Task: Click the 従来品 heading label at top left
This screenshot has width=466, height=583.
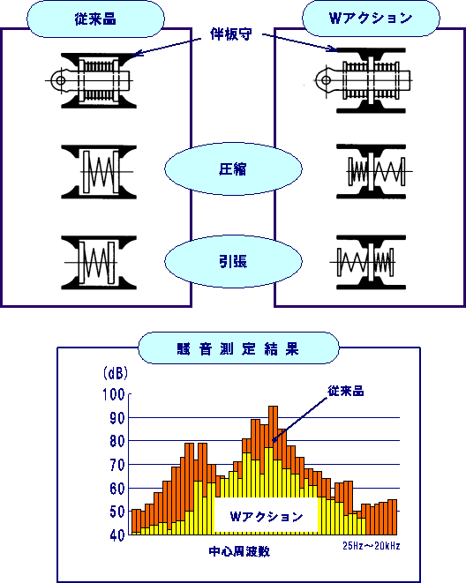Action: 95,19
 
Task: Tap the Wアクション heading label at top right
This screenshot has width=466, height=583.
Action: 371,18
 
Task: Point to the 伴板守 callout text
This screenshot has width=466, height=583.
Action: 231,34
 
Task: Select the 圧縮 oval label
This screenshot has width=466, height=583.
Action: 233,169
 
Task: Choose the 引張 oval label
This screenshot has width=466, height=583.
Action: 233,261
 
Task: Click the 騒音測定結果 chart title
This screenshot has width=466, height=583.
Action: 238,349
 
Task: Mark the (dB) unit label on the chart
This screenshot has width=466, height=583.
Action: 116,373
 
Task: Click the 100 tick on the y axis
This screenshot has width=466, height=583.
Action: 113,394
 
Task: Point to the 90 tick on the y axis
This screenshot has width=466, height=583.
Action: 117,418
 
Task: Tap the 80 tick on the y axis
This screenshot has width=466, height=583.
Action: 117,441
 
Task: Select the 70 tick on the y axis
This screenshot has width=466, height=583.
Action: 117,465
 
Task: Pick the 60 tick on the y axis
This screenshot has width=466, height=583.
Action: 117,489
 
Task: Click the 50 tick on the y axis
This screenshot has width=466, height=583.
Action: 117,512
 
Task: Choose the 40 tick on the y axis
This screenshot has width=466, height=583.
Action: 117,535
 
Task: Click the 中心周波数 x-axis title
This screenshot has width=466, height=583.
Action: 239,551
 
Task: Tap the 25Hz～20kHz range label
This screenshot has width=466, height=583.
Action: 372,546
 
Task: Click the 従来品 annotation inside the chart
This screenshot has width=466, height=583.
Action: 345,391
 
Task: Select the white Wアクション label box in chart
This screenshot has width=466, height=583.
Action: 267,516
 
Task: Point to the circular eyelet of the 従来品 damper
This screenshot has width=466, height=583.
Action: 61,80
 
